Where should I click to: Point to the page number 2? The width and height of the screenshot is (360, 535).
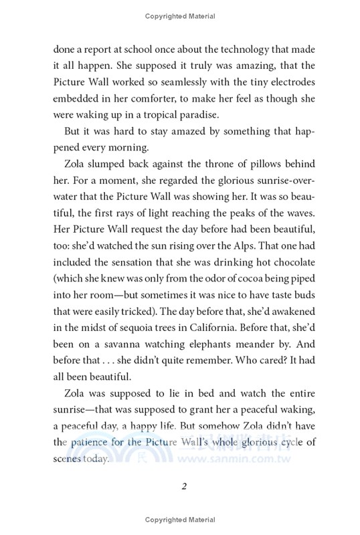pos(181,488)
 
